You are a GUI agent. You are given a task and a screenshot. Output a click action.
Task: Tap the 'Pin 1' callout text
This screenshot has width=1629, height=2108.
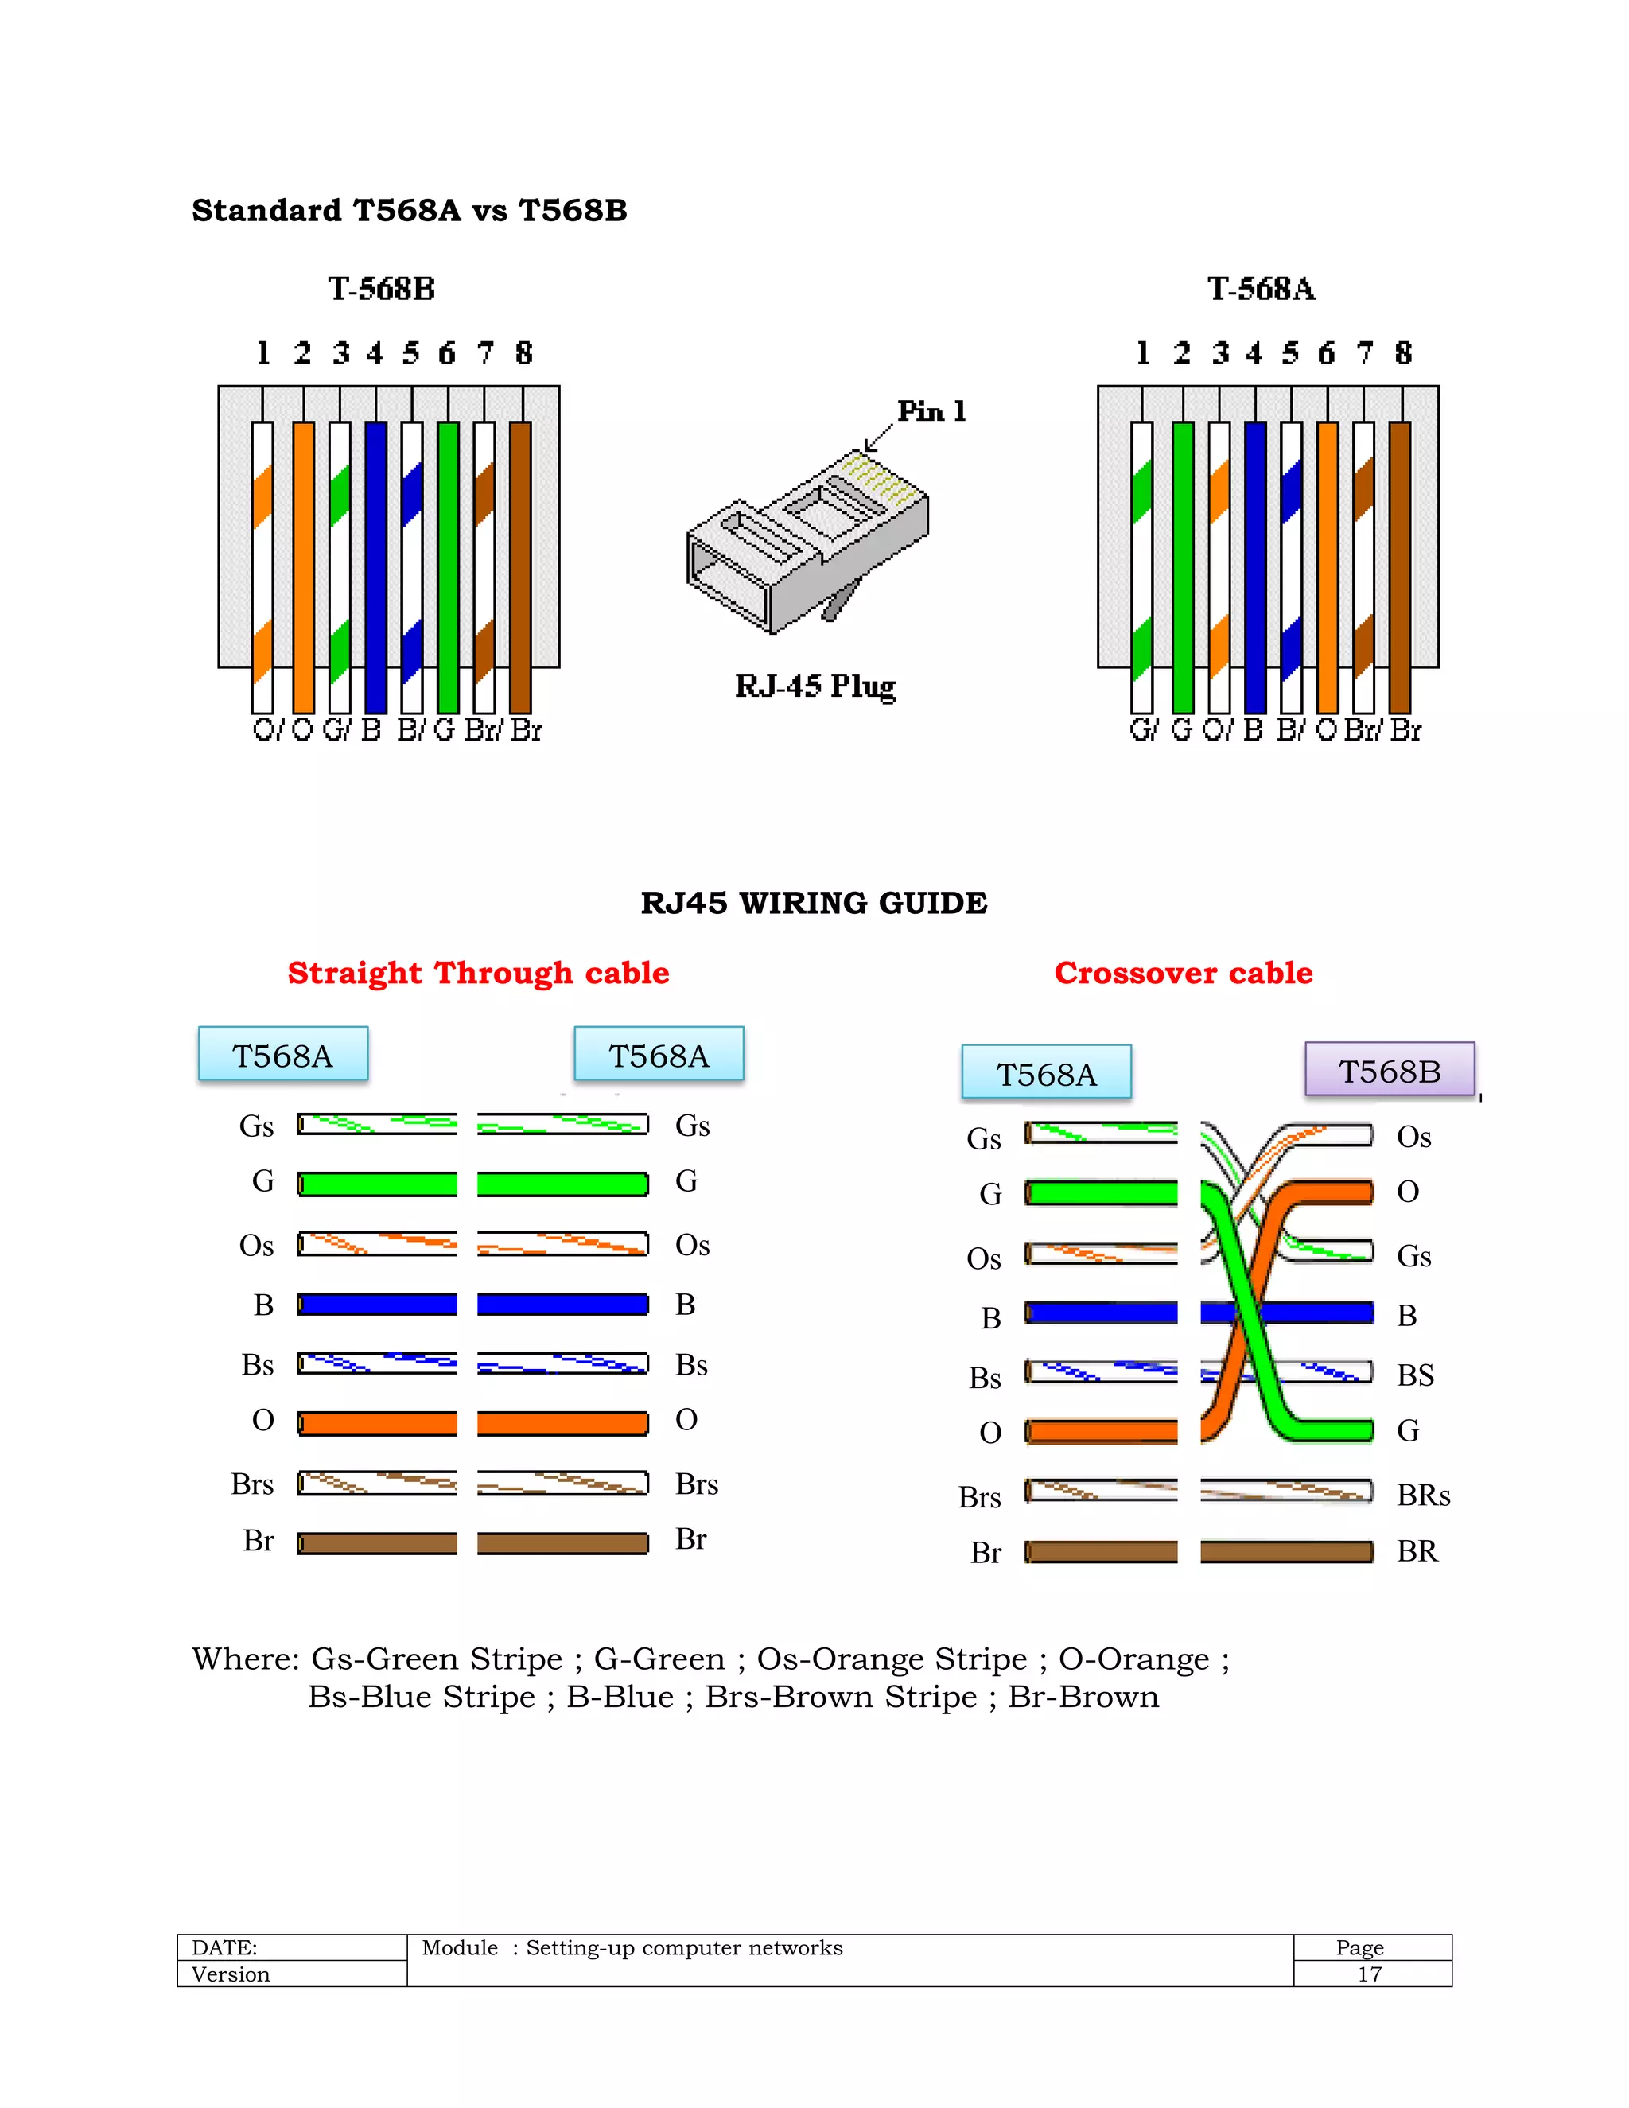pyautogui.click(x=931, y=411)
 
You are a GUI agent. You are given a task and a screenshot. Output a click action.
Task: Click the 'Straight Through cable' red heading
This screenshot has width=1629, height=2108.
pyautogui.click(x=478, y=973)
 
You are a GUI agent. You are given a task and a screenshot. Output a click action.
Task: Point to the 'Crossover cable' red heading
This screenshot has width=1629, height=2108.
pyautogui.click(x=1183, y=973)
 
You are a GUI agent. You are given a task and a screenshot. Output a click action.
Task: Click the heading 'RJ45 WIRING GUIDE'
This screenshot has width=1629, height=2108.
pyautogui.click(x=814, y=904)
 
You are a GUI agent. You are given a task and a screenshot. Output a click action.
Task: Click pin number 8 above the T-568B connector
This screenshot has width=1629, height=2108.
pyautogui.click(x=523, y=353)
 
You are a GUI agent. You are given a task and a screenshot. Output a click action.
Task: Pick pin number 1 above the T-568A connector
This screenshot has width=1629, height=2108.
pyautogui.click(x=1143, y=353)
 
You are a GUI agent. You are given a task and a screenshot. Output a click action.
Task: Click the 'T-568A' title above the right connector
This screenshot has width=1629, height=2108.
pyautogui.click(x=1262, y=289)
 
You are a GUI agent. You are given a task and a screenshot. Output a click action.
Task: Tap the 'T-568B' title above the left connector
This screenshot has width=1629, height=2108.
pyautogui.click(x=381, y=289)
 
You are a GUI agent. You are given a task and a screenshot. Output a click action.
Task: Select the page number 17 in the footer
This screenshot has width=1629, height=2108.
pyautogui.click(x=1370, y=1974)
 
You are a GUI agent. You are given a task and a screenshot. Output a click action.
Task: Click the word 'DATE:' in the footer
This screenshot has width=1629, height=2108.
pyautogui.click(x=225, y=1948)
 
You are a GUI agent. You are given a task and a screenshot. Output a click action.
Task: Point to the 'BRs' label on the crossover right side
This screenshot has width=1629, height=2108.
pyautogui.click(x=1424, y=1495)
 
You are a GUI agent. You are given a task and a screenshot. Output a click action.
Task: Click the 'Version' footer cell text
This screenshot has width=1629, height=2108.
pyautogui.click(x=231, y=1974)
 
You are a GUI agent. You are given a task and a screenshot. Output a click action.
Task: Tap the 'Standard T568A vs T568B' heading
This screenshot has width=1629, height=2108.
pyautogui.click(x=409, y=211)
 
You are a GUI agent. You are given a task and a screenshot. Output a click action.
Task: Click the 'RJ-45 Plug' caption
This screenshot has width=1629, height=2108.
pyautogui.click(x=815, y=686)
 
